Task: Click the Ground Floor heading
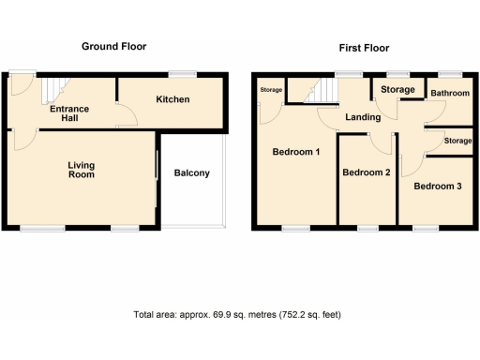pyautogui.click(x=113, y=46)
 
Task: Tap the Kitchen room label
pyautogui.click(x=172, y=99)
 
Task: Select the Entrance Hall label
pyautogui.click(x=69, y=113)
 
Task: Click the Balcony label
pyautogui.click(x=192, y=172)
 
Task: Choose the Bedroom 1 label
pyautogui.click(x=296, y=152)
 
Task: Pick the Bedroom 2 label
pyautogui.click(x=366, y=172)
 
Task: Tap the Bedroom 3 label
pyautogui.click(x=438, y=187)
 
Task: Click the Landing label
pyautogui.click(x=362, y=118)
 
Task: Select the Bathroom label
pyautogui.click(x=449, y=92)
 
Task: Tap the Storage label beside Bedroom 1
pyautogui.click(x=271, y=90)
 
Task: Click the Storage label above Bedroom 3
pyautogui.click(x=457, y=141)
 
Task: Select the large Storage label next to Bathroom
pyautogui.click(x=397, y=90)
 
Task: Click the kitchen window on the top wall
pyautogui.click(x=182, y=73)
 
